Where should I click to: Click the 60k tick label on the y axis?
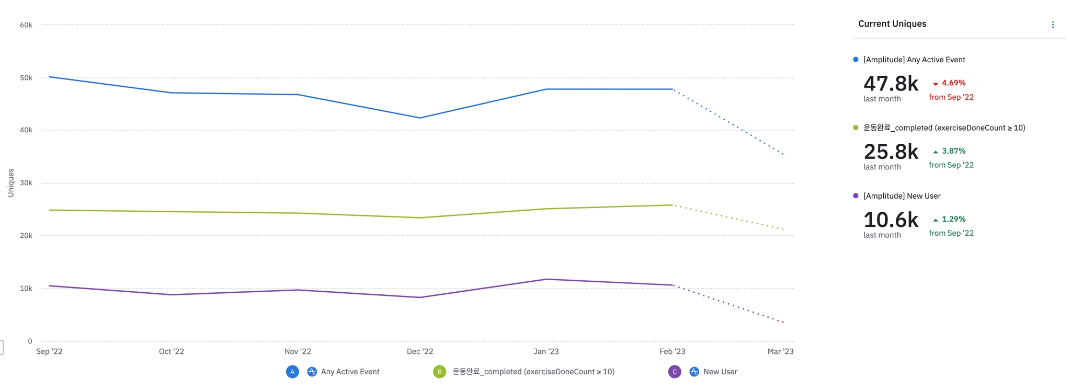click(26, 25)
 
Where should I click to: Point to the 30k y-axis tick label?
click(26, 183)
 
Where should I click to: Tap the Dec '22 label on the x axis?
click(420, 352)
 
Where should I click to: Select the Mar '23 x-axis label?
click(780, 352)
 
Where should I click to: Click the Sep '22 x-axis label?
click(49, 352)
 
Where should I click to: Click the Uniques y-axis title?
click(11, 182)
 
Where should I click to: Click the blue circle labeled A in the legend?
click(292, 372)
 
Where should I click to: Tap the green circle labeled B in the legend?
click(439, 372)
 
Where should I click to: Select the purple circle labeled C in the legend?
click(675, 372)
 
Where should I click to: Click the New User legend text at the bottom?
click(720, 372)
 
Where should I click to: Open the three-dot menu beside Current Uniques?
click(1053, 25)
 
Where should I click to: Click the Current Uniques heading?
click(892, 24)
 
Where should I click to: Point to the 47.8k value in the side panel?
click(891, 84)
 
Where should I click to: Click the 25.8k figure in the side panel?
click(891, 152)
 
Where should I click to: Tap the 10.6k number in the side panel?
click(891, 220)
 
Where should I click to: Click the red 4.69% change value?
click(953, 83)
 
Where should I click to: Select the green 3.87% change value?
click(953, 151)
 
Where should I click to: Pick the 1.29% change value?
click(953, 219)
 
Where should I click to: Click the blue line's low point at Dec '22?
click(420, 118)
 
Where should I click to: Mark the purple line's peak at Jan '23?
click(546, 279)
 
